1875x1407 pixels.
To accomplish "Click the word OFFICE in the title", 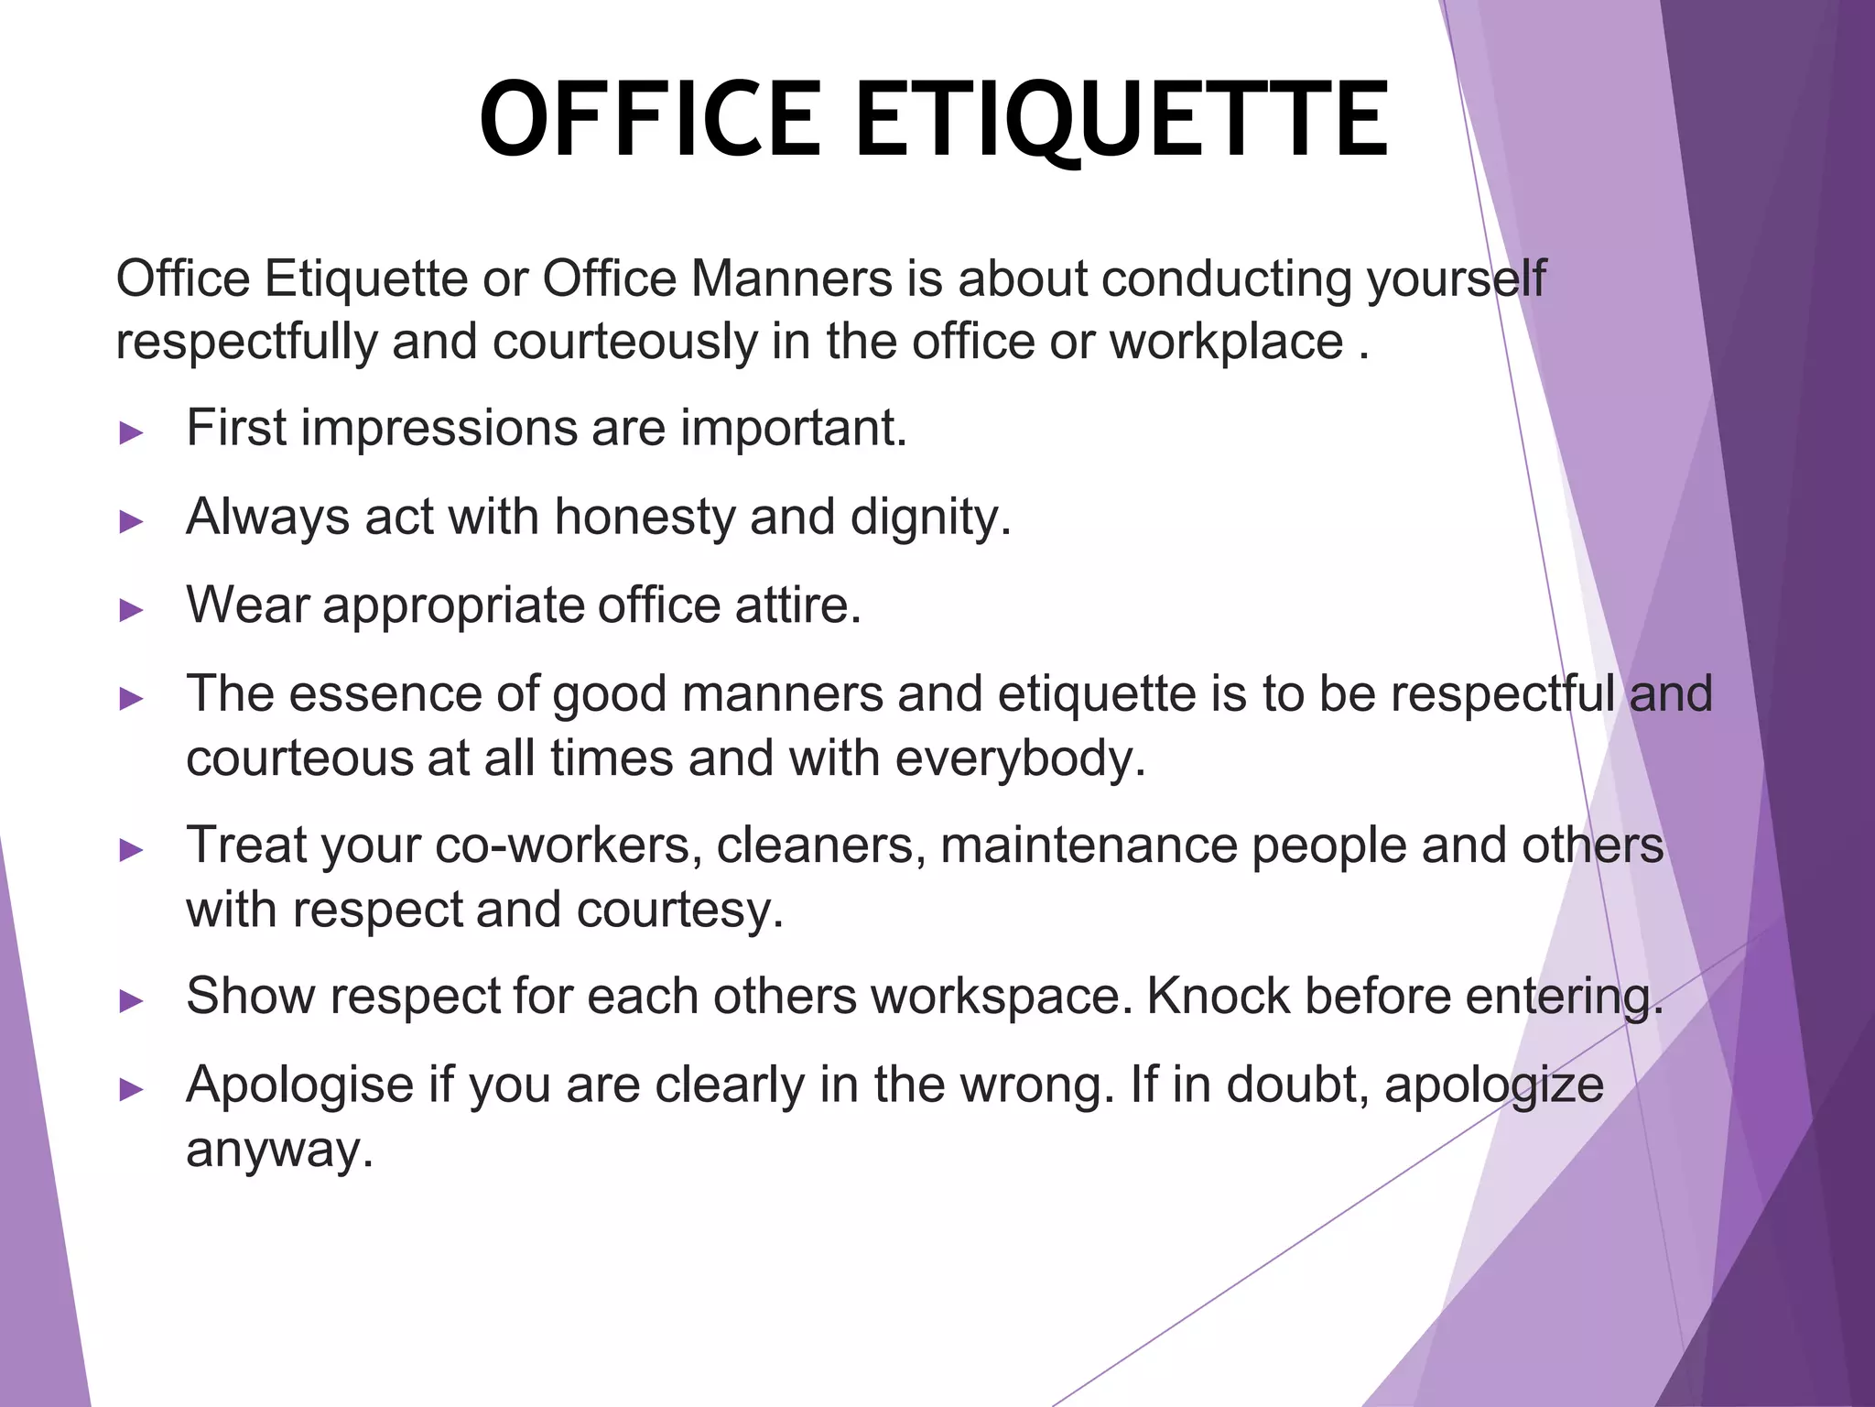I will (x=650, y=121).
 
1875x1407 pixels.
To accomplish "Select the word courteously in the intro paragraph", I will (x=624, y=342).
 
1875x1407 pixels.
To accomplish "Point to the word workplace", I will (x=1226, y=342).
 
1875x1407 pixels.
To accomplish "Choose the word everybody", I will (x=1020, y=758).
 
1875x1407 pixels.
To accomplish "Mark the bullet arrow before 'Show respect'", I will (x=132, y=1001).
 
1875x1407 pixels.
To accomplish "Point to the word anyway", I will (x=279, y=1151).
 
